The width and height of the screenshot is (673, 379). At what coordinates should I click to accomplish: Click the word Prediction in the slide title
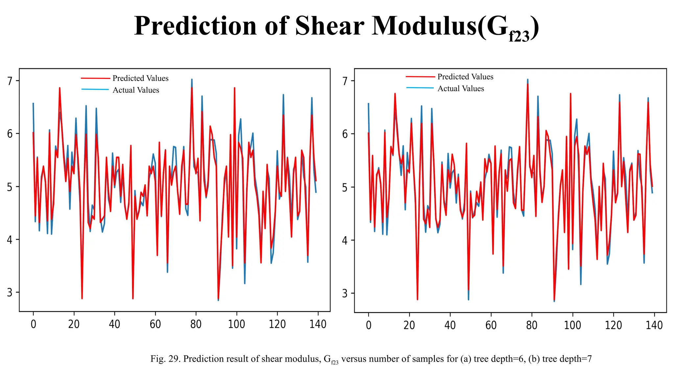coord(195,26)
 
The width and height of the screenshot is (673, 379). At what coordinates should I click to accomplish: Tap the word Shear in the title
coord(329,26)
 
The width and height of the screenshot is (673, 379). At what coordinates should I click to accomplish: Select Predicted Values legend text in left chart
coord(140,78)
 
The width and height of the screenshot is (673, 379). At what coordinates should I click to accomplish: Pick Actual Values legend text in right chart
coord(461,88)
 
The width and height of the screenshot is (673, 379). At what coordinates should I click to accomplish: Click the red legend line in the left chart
coord(95,78)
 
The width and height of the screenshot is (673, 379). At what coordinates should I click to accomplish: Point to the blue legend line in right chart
coord(420,88)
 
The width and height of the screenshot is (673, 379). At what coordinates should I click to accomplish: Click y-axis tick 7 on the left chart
coord(10,81)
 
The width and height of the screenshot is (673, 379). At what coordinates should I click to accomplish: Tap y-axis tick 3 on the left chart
coord(10,292)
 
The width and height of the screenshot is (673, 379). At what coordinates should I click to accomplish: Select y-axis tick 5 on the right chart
coord(345,188)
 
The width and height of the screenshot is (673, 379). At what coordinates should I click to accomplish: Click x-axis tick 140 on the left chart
coord(318,324)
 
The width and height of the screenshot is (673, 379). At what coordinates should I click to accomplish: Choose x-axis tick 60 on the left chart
coord(155,324)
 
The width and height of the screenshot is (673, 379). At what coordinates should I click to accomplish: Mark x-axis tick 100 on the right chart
coord(572,325)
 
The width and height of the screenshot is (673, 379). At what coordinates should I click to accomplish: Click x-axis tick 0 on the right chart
coord(369,325)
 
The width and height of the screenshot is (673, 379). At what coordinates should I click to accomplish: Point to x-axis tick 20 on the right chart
coord(409,325)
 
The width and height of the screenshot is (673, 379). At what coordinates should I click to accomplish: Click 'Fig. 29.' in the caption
coord(165,359)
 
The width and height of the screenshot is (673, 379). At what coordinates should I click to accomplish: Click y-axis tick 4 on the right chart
coord(345,240)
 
